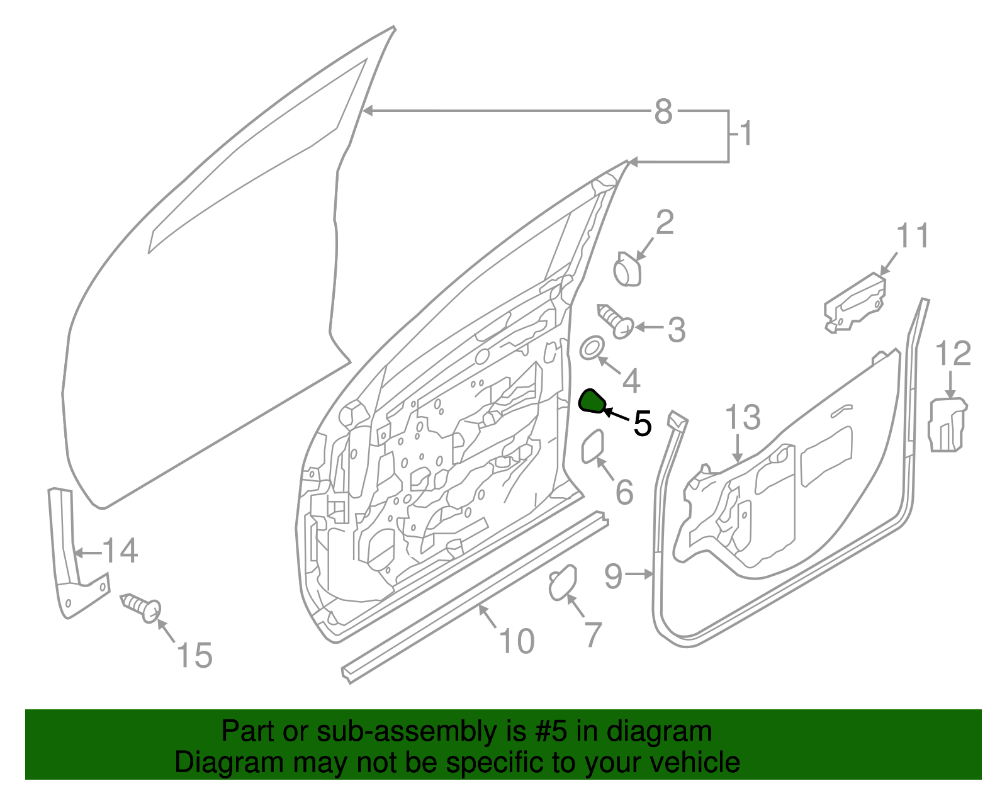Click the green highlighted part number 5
[x=592, y=401]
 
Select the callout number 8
[x=663, y=112]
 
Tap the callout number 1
[x=746, y=134]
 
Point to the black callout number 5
[x=642, y=424]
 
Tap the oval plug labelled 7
[x=563, y=583]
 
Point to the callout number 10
[x=517, y=641]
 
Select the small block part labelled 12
[x=947, y=425]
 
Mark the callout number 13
[x=743, y=418]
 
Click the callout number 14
[x=120, y=551]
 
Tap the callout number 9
[x=614, y=575]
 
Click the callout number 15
[x=194, y=656]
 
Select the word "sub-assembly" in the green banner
[x=407, y=732]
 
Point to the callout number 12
[x=953, y=354]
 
